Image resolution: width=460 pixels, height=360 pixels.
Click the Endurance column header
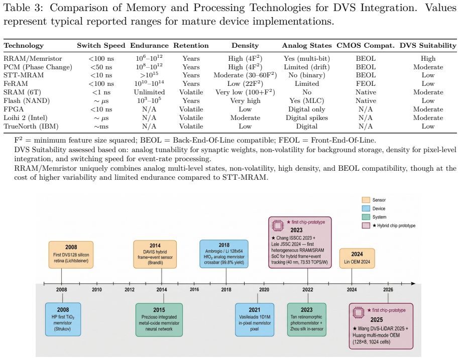click(x=149, y=46)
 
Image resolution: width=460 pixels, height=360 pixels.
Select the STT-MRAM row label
click(x=24, y=75)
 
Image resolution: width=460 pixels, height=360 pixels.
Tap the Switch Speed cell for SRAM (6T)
click(x=101, y=92)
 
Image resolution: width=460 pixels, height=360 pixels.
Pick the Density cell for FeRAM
click(x=245, y=84)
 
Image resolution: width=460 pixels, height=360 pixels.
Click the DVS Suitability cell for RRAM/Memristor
click(x=428, y=59)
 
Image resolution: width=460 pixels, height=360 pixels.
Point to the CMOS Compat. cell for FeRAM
click(x=366, y=84)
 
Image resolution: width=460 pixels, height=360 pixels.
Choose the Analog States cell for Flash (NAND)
click(x=306, y=100)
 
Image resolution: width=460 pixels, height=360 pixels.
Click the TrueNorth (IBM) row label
click(x=31, y=127)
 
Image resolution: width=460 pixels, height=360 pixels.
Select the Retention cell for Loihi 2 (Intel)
click(x=191, y=117)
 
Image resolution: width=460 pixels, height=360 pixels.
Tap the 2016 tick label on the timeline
click(x=194, y=290)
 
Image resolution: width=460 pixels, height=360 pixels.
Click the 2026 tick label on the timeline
click(x=388, y=290)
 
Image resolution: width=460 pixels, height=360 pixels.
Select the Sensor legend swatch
click(x=366, y=200)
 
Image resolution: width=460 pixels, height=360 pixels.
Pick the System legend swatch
click(x=366, y=217)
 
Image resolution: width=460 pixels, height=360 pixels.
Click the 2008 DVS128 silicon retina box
click(x=71, y=255)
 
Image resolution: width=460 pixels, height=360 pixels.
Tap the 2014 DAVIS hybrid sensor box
click(x=155, y=255)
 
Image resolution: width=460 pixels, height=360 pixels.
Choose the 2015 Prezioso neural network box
click(x=159, y=320)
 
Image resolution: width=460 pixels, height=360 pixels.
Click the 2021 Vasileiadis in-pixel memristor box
click(x=255, y=320)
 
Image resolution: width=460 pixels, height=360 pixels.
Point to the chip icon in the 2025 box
click(x=358, y=313)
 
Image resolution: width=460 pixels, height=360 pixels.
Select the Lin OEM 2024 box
click(x=357, y=258)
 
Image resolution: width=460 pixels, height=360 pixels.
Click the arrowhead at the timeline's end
click(x=413, y=283)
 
